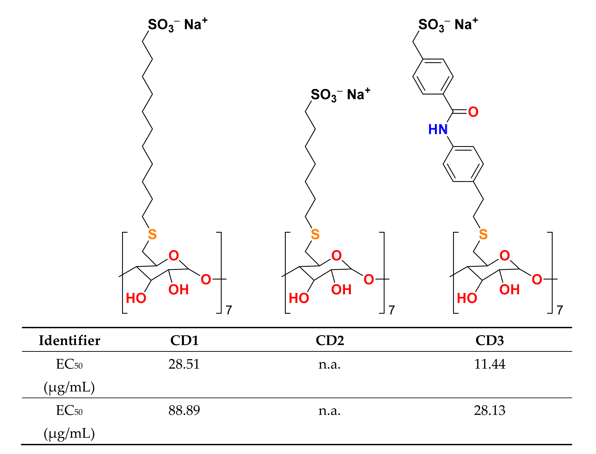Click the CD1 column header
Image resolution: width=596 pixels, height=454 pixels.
184,341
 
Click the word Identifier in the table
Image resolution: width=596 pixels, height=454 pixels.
70,341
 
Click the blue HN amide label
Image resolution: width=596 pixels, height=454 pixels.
438,129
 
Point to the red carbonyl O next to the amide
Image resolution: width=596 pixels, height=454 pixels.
473,112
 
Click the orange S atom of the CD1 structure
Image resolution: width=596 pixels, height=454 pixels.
152,234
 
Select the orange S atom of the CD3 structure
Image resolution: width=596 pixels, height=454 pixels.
483,234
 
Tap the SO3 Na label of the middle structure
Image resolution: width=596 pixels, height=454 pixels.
340,95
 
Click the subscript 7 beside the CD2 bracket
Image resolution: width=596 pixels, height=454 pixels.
392,310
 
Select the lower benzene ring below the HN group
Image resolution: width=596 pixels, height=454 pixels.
463,164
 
